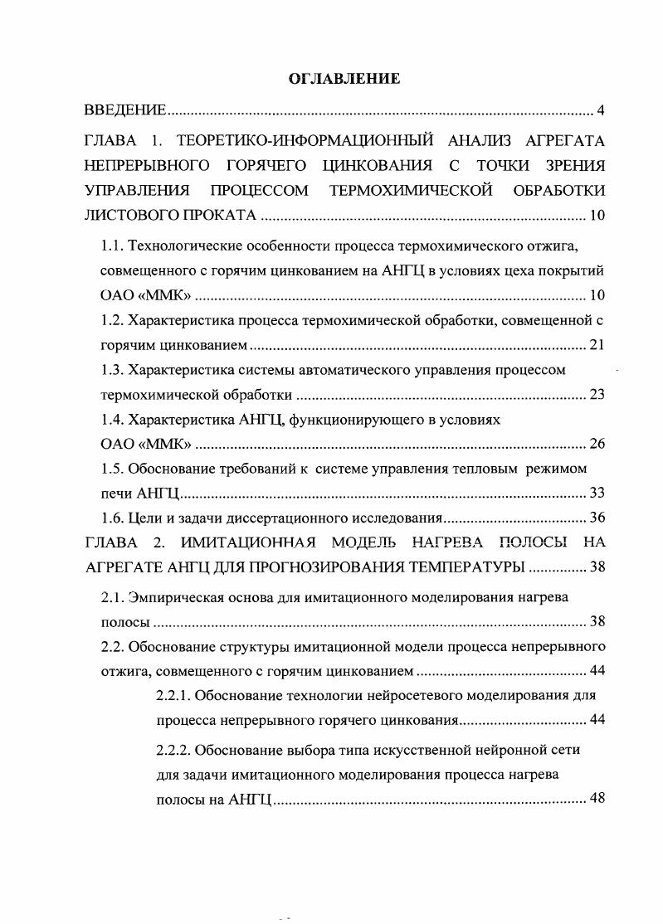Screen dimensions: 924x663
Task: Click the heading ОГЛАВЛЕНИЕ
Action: [x=344, y=79]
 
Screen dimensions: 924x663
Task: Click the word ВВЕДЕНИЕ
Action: [x=127, y=111]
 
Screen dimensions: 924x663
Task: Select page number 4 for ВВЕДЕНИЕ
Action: [x=601, y=111]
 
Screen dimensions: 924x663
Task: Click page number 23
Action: [x=596, y=393]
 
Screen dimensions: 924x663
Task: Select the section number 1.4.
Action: [x=111, y=420]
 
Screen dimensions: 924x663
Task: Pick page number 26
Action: [x=596, y=443]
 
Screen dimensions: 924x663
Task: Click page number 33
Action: [x=596, y=493]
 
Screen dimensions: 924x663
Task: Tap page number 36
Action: [x=596, y=518]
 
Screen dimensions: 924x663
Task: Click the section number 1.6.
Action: [x=111, y=518]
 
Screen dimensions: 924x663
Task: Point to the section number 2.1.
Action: [x=111, y=596]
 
